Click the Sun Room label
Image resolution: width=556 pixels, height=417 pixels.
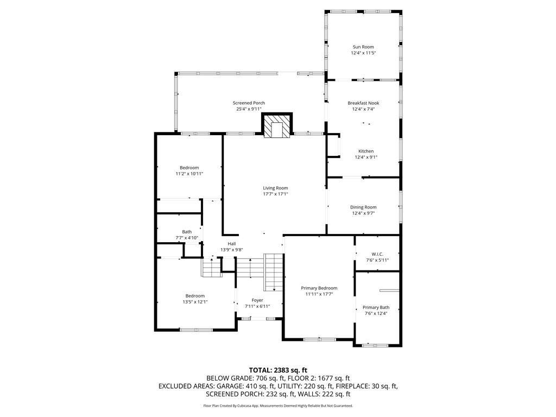coord(363,47)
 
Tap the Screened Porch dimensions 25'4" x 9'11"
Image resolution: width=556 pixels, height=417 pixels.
coord(249,109)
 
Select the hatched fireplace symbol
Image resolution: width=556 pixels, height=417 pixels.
coord(277,124)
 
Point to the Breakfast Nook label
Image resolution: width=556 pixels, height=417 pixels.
coord(363,103)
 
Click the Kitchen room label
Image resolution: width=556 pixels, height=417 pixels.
coord(365,151)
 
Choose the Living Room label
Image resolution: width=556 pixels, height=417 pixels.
coord(275,188)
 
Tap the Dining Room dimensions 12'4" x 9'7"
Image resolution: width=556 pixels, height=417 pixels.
coord(363,213)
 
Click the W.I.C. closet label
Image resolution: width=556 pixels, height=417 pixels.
coord(377,254)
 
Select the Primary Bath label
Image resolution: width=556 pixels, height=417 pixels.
coord(376,307)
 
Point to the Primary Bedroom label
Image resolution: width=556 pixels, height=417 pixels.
coord(319,288)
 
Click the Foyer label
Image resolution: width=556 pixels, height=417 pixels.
coord(257,300)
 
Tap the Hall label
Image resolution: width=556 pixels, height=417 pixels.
coord(231,244)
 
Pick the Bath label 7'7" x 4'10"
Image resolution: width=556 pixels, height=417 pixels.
coord(187,235)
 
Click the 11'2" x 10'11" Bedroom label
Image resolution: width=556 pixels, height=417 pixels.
coord(189,170)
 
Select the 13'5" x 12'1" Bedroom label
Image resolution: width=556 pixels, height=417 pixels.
coord(195,299)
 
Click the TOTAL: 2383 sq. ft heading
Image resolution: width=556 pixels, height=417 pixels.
coord(277,370)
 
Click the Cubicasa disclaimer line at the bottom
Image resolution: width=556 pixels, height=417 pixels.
coord(277,406)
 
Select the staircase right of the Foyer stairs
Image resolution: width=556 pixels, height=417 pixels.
coord(274,272)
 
